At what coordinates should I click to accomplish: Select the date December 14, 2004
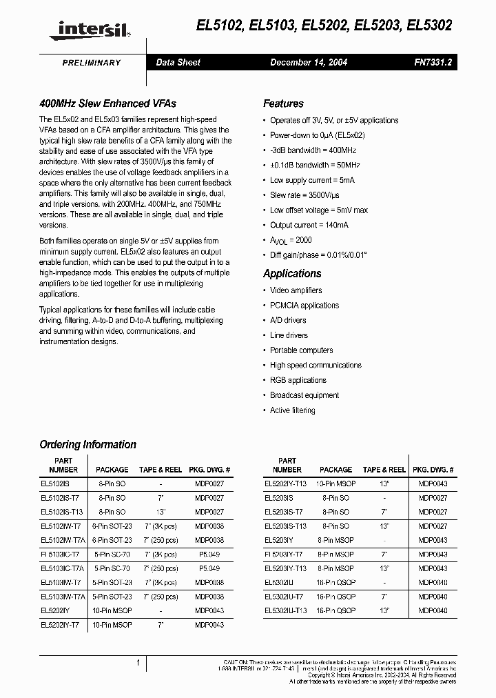click(x=309, y=63)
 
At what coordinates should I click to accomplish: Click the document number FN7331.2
click(x=433, y=63)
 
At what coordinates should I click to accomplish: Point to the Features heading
click(x=283, y=104)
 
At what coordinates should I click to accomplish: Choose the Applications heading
click(x=292, y=274)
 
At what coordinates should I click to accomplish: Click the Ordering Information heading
click(x=87, y=445)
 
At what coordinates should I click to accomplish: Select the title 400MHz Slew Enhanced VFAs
click(x=107, y=104)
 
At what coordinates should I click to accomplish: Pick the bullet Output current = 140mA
click(x=309, y=226)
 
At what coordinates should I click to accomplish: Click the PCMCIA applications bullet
click(x=304, y=306)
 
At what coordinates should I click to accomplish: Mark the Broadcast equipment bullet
click(x=304, y=396)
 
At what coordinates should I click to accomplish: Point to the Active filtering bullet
click(x=292, y=411)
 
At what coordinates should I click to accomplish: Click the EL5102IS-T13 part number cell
click(x=63, y=512)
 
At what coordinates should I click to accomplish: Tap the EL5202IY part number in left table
click(x=56, y=610)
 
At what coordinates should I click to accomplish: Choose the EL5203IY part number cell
click(x=280, y=541)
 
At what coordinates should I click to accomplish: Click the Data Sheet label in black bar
click(x=178, y=63)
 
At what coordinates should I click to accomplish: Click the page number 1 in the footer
click(x=139, y=664)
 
